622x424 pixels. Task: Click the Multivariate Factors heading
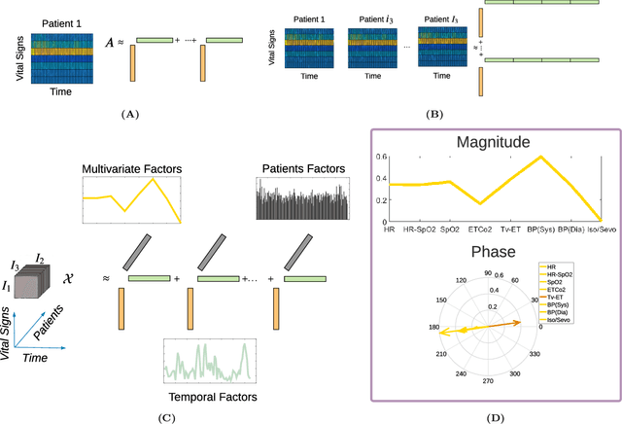click(x=133, y=170)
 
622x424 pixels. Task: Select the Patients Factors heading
click(x=301, y=167)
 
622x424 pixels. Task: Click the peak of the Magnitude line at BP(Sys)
click(x=539, y=157)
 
